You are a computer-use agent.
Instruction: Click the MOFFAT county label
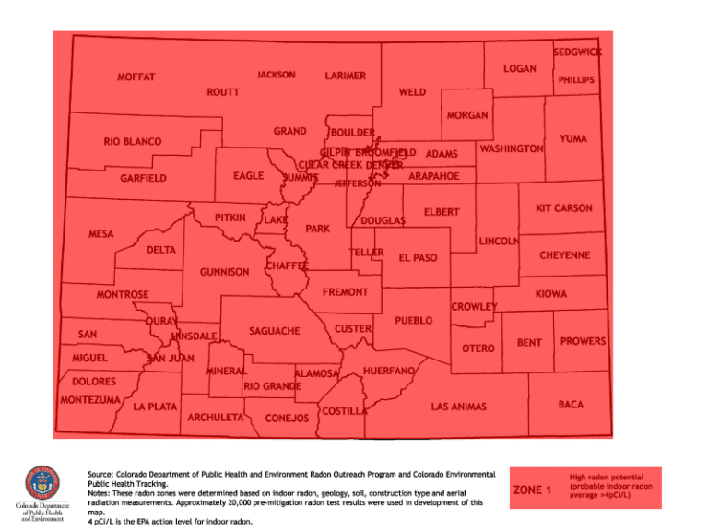pyautogui.click(x=136, y=77)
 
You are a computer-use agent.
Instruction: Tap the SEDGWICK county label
pyautogui.click(x=577, y=53)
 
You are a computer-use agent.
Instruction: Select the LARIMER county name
pyautogui.click(x=346, y=76)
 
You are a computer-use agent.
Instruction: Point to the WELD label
pyautogui.click(x=412, y=93)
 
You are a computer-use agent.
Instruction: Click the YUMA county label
pyautogui.click(x=572, y=138)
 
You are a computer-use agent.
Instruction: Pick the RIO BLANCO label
pyautogui.click(x=132, y=142)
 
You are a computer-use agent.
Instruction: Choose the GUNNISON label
pyautogui.click(x=224, y=272)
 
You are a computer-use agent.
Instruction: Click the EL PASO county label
pyautogui.click(x=418, y=258)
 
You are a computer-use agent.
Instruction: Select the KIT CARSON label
pyautogui.click(x=563, y=209)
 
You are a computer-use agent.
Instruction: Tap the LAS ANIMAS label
pyautogui.click(x=458, y=407)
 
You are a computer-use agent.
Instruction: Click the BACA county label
pyautogui.click(x=571, y=404)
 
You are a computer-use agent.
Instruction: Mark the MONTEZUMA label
pyautogui.click(x=89, y=400)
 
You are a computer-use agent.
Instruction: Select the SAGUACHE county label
pyautogui.click(x=275, y=331)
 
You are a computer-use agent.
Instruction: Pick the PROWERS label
pyautogui.click(x=583, y=342)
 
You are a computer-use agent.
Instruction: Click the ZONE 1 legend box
pyautogui.click(x=532, y=489)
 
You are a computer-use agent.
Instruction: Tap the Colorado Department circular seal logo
pyautogui.click(x=41, y=483)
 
